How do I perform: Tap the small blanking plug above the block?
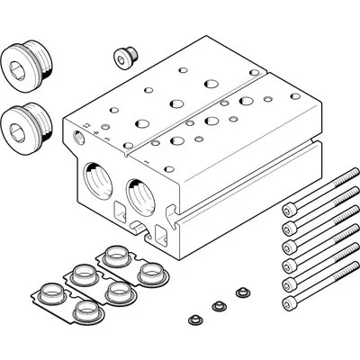[x=123, y=58]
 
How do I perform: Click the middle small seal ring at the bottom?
[x=216, y=307]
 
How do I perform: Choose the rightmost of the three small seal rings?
[x=240, y=292]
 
